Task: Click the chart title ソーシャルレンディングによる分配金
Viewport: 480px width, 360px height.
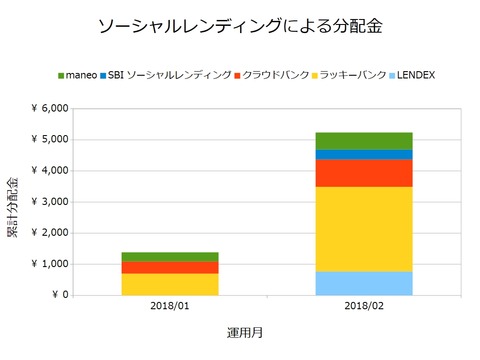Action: point(240,24)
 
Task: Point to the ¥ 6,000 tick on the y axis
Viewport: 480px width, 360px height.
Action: point(48,108)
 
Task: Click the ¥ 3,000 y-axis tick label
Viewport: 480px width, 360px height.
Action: point(48,201)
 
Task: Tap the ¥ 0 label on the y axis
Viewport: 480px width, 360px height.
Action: point(58,295)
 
